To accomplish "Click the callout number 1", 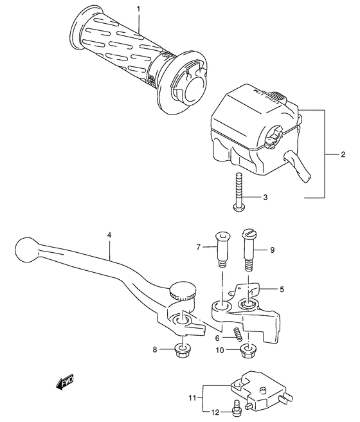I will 137,8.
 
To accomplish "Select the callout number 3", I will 264,198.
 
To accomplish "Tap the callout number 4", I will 110,236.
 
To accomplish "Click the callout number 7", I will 199,246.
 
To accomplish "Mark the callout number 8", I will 154,349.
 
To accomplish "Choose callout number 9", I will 272,250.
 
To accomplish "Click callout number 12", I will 216,412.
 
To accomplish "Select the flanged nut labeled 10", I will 246,351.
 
